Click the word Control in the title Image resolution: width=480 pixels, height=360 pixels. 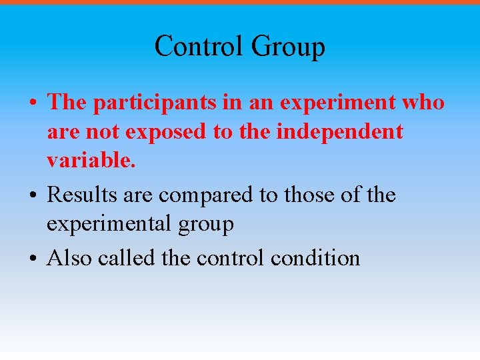pos(199,47)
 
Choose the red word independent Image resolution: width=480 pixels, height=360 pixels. pos(339,133)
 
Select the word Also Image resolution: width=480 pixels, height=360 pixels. pos(69,257)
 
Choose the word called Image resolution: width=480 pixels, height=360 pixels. pos(127,257)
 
